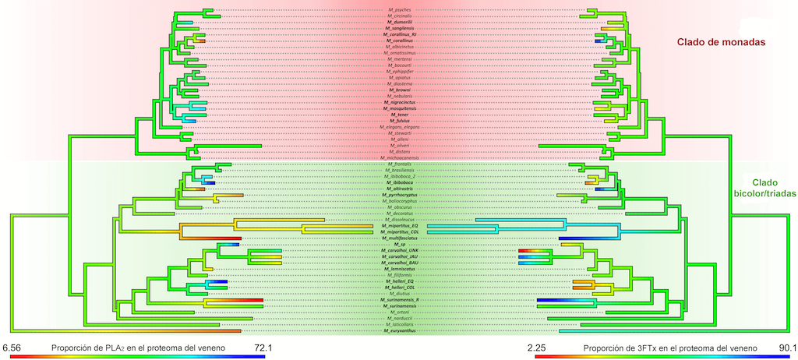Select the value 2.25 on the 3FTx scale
tap(546, 348)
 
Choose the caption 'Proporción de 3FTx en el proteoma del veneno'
tap(664, 348)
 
